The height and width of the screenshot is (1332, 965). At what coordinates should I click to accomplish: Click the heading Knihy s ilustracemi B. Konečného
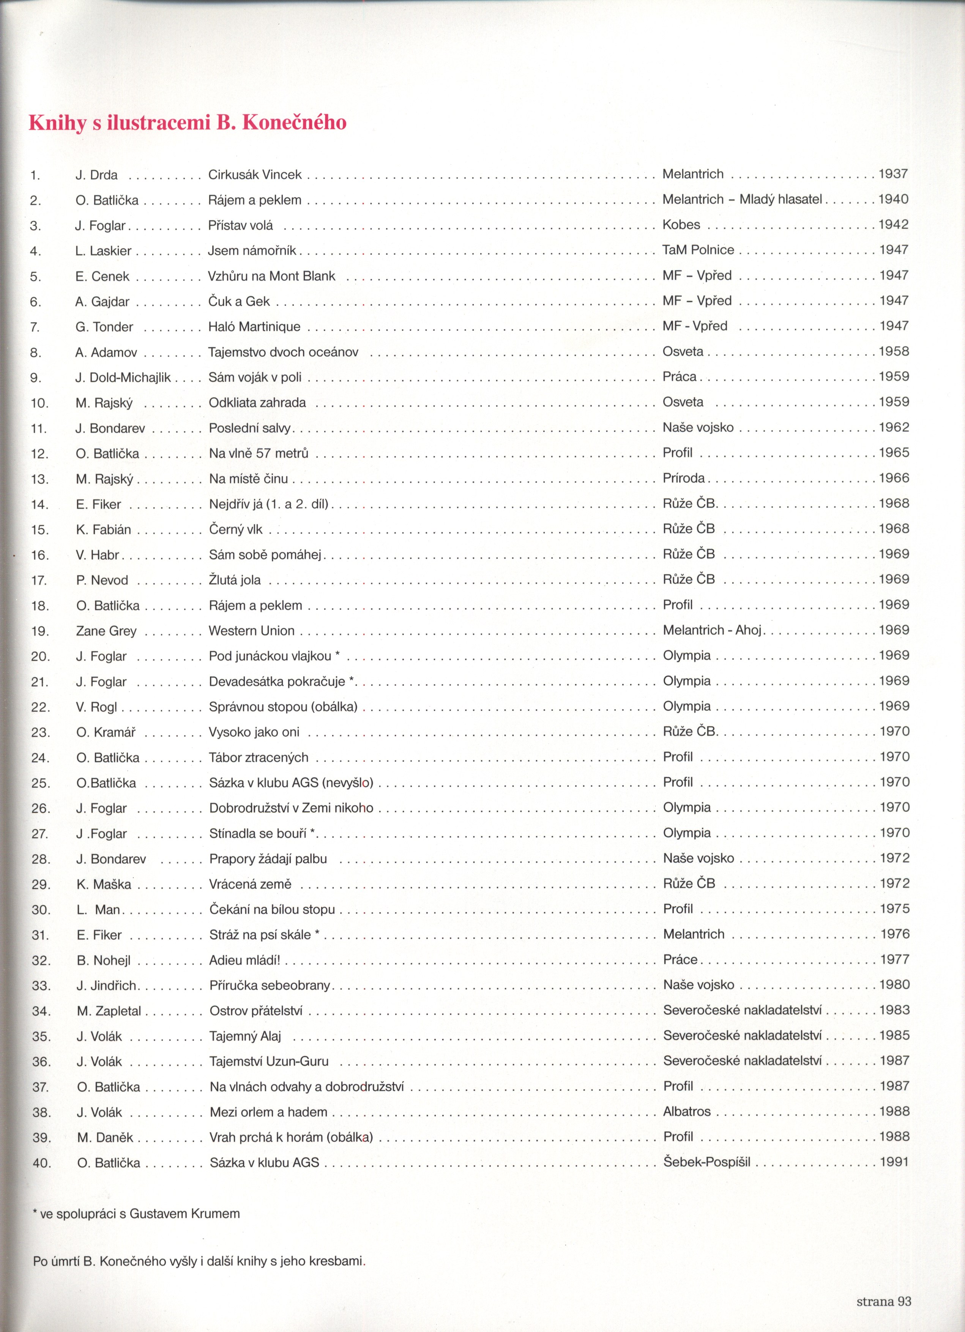tap(188, 122)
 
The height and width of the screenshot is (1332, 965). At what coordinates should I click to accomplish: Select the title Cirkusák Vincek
tap(255, 175)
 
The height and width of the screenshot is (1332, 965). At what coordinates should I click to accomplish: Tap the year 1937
tap(893, 174)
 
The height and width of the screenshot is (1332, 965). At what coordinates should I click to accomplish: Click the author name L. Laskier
tap(103, 251)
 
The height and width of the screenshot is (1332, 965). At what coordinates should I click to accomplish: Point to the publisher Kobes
tap(681, 224)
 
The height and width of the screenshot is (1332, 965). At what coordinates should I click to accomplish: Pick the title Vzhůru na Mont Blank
tap(271, 276)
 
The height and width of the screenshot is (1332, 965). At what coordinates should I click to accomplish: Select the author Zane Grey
tap(106, 631)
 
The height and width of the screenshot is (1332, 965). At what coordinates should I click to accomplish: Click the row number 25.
tap(41, 783)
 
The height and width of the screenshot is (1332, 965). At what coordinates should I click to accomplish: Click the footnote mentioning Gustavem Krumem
tap(137, 1213)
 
